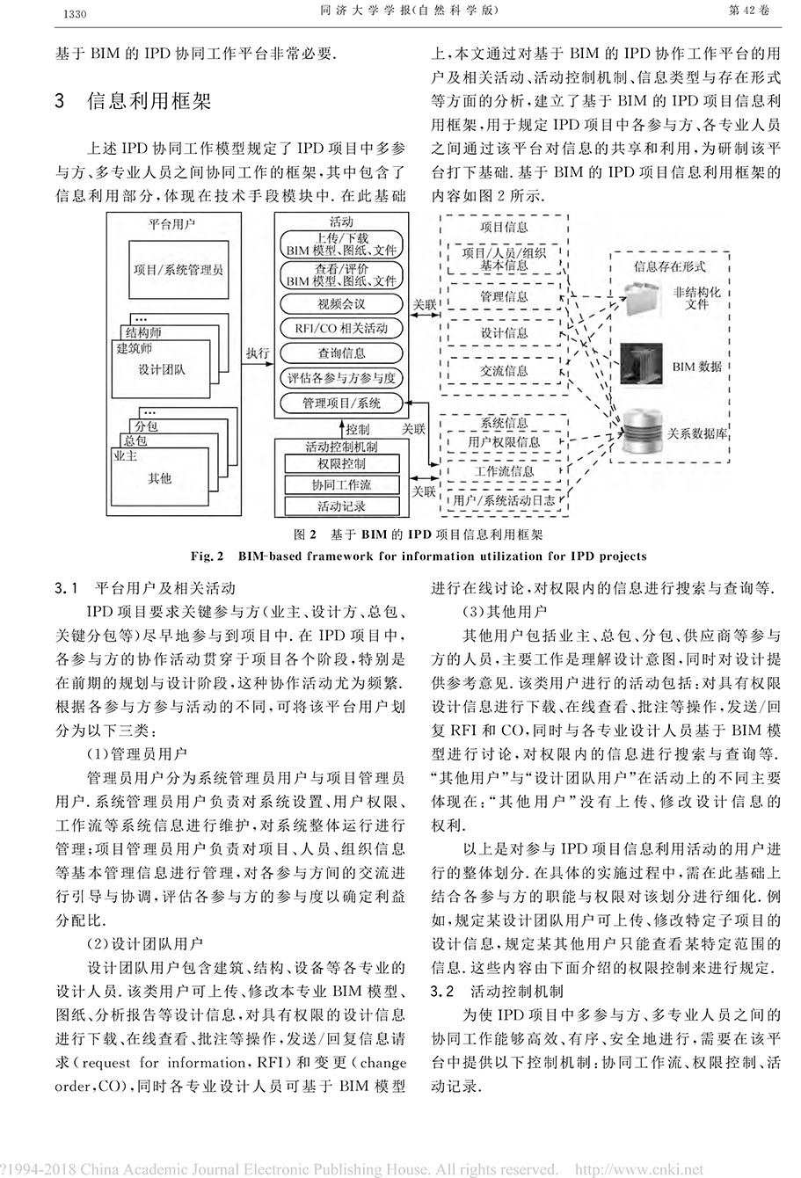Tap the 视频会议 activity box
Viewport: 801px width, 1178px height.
coord(341,304)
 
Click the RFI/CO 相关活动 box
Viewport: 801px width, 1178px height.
coord(341,329)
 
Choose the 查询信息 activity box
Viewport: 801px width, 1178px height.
coord(341,353)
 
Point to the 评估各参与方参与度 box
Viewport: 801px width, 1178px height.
coord(341,379)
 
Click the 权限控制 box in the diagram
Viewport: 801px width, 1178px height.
coord(341,463)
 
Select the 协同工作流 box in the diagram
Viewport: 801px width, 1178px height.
coord(341,484)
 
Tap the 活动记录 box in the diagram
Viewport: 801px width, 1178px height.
coord(341,505)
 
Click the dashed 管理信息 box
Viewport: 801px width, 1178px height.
coord(504,297)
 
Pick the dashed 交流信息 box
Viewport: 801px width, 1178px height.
coord(504,370)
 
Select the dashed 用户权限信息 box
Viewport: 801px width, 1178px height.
coord(504,442)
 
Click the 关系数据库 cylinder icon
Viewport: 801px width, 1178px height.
coord(643,433)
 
